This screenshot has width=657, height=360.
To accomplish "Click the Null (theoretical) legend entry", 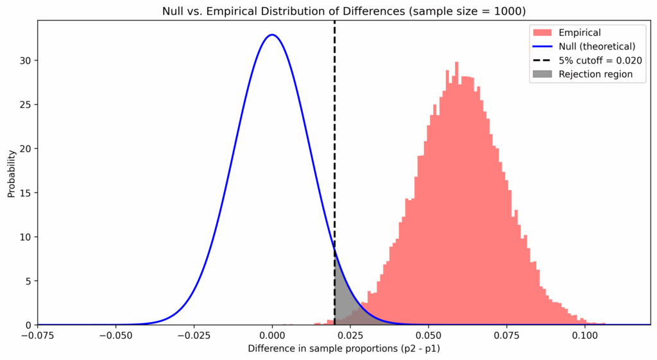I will click(x=596, y=46).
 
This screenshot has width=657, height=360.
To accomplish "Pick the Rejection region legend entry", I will click(x=595, y=74).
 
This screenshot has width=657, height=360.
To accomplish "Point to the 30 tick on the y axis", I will click(x=26, y=60).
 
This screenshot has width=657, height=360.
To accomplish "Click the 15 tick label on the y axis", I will click(x=26, y=193).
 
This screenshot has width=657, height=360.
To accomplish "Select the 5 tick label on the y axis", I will click(x=29, y=281).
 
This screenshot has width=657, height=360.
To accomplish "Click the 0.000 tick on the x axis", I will click(x=273, y=335).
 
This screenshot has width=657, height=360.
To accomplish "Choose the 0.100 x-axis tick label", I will click(x=584, y=335).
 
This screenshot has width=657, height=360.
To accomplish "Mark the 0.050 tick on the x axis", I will click(x=429, y=335).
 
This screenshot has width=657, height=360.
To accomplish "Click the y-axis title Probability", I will click(x=11, y=173).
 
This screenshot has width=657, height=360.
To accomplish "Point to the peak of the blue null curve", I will click(x=273, y=35).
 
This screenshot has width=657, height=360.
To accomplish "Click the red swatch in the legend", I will click(x=542, y=31).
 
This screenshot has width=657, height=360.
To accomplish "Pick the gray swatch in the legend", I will click(x=542, y=74).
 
